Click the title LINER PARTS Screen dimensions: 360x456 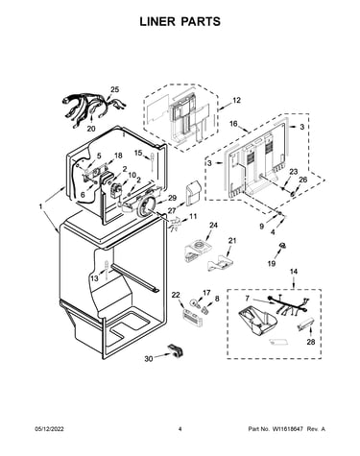(x=180, y=21)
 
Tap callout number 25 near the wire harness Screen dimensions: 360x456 (x=114, y=89)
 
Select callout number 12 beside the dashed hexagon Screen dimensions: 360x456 (x=236, y=100)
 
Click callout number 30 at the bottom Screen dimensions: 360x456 (x=149, y=359)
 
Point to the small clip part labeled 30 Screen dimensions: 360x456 (x=176, y=350)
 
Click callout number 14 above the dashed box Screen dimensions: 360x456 (x=294, y=272)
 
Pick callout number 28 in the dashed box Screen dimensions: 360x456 (x=311, y=342)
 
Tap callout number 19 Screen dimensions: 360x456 (x=272, y=263)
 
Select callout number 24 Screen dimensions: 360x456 (x=213, y=226)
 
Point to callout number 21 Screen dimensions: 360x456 (x=232, y=240)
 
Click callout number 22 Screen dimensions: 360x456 (x=176, y=295)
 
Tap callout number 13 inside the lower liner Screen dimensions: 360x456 (x=94, y=278)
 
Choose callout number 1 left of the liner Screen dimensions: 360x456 (x=40, y=207)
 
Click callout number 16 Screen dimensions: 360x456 (x=233, y=124)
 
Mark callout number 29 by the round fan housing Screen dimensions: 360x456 (x=172, y=198)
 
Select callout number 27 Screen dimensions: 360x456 (x=172, y=210)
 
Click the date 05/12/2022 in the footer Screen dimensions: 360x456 (x=49, y=429)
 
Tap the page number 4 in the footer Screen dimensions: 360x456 (x=180, y=429)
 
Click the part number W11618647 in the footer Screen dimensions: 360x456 (x=288, y=429)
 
